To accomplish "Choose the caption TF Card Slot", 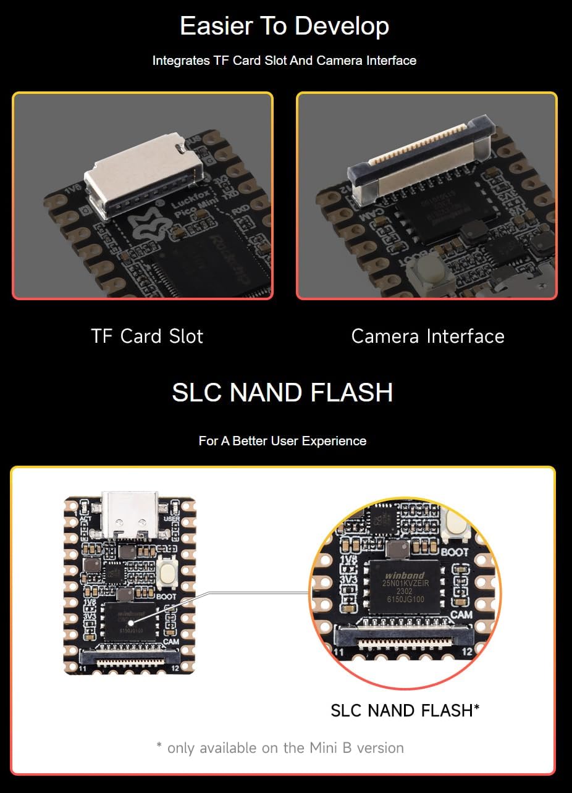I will pyautogui.click(x=147, y=336).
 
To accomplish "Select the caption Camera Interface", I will pyautogui.click(x=427, y=336).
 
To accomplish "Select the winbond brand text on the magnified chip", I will pyautogui.click(x=405, y=574).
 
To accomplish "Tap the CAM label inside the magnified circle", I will pyautogui.click(x=461, y=615).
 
